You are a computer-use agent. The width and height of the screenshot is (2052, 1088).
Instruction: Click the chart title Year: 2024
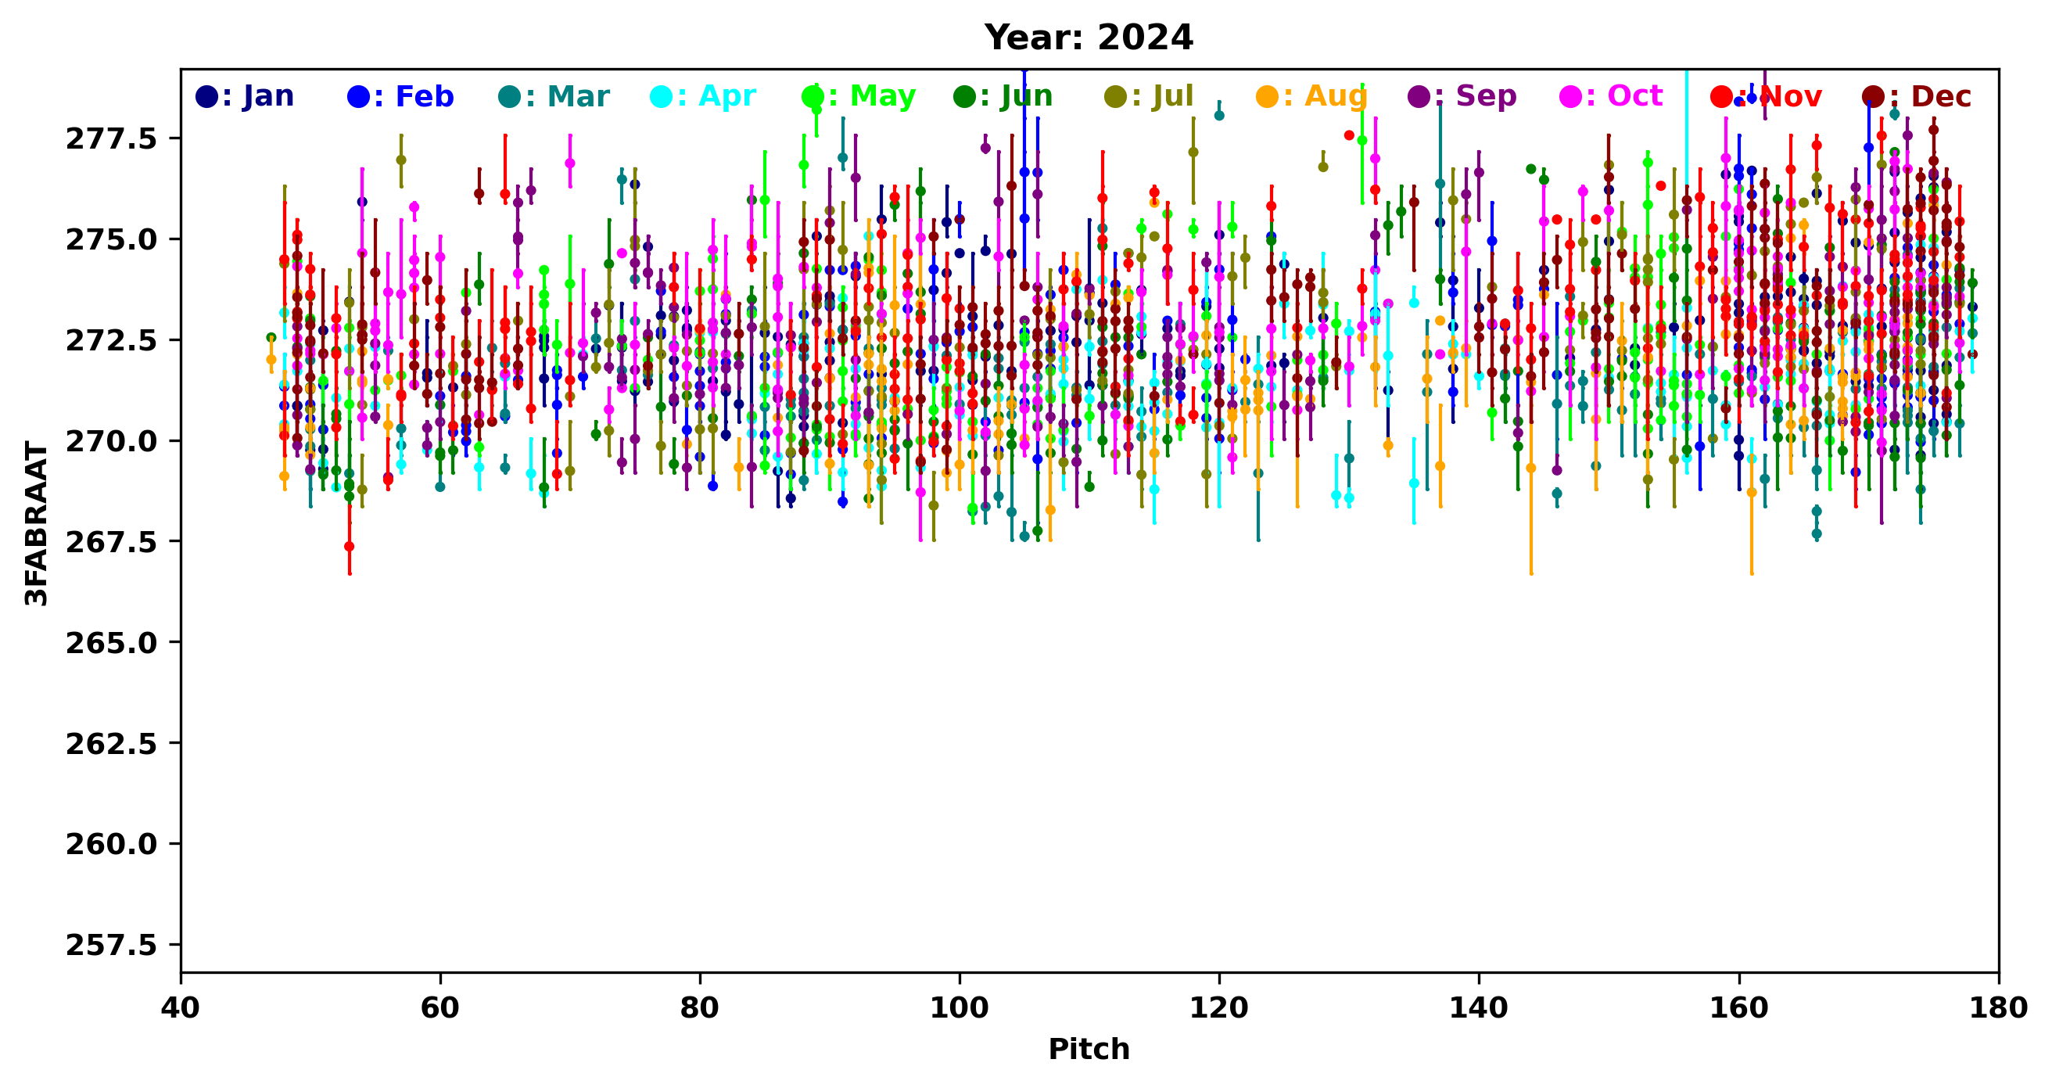point(1088,38)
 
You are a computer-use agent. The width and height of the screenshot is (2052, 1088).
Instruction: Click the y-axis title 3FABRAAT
point(37,523)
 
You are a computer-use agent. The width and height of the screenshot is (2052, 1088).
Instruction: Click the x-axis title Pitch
point(1088,1049)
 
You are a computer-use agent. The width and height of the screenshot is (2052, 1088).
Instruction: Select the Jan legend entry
point(246,97)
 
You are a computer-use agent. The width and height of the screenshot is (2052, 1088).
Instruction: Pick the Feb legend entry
point(400,97)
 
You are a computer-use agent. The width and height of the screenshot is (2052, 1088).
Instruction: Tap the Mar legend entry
point(554,97)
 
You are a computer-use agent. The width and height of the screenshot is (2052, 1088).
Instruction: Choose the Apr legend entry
point(703,97)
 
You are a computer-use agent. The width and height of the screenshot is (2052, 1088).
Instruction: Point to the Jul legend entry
point(1149,97)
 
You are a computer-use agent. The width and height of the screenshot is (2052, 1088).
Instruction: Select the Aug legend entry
point(1311,97)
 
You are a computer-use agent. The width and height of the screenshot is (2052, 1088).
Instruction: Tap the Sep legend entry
point(1462,97)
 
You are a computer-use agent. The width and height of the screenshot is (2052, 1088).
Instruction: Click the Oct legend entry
point(1611,97)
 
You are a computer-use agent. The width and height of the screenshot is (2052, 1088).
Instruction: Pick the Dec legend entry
point(1917,97)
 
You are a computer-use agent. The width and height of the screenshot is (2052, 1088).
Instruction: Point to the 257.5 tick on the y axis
point(112,946)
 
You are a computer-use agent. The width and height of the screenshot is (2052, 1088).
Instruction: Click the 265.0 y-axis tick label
point(112,643)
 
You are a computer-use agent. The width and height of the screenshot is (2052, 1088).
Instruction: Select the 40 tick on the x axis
point(181,1008)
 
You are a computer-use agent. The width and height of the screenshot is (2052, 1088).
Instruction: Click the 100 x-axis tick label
point(959,1008)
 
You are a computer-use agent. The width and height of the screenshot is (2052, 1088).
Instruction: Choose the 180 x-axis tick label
point(1999,1008)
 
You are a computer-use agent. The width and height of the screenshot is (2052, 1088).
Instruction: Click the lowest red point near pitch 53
point(349,547)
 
